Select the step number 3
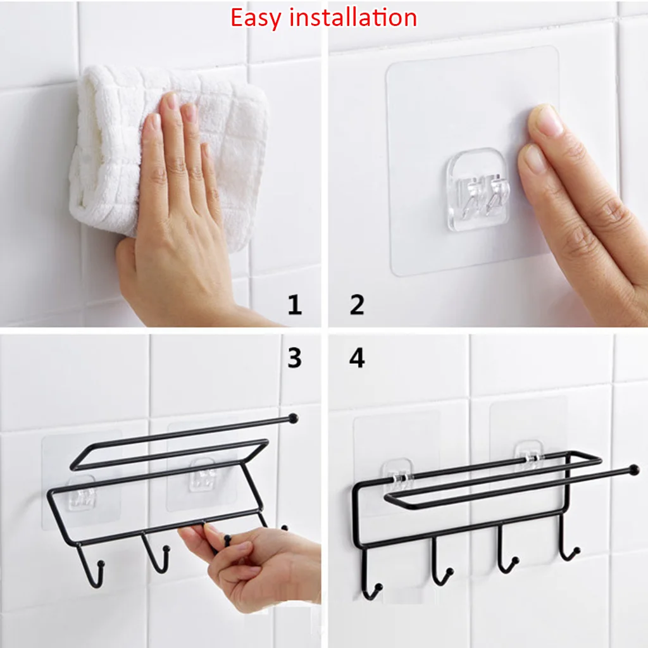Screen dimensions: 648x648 294,358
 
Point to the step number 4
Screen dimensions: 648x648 357,358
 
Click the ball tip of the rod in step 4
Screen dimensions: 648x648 633,470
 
